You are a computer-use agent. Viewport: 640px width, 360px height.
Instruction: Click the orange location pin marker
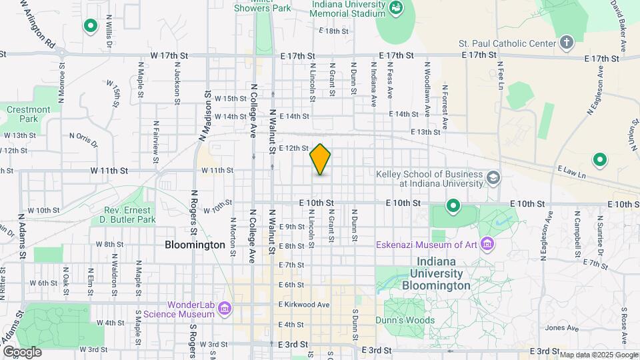tap(321, 159)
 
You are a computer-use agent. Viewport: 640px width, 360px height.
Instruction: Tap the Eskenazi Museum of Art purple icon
tap(488, 244)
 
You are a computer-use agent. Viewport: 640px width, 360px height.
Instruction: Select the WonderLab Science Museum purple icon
tap(225, 309)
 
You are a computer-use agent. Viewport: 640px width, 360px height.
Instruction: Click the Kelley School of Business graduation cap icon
tap(493, 178)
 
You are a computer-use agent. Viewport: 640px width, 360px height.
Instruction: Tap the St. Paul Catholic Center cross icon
tap(567, 43)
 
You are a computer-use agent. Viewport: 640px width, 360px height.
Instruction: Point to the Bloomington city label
tap(195, 245)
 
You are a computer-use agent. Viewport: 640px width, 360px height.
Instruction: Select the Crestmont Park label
tap(29, 114)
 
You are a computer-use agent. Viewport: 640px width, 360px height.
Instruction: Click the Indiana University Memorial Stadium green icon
tap(396, 7)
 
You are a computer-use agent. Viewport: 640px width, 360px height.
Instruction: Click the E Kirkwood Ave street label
tap(305, 305)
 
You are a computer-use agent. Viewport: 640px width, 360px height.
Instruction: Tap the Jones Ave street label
tap(558, 327)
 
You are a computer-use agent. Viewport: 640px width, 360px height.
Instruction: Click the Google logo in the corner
tap(22, 351)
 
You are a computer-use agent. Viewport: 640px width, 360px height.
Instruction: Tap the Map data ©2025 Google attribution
tap(598, 354)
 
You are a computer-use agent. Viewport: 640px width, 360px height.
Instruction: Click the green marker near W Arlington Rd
tap(90, 26)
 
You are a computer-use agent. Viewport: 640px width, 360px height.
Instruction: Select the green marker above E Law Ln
tap(599, 160)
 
